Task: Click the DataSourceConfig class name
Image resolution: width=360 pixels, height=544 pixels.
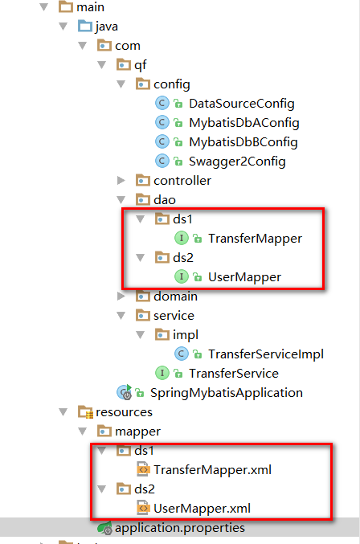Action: pos(241,104)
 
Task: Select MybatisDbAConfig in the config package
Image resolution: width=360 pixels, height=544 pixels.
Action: pos(243,123)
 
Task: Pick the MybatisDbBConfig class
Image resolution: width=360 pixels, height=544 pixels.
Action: pos(243,142)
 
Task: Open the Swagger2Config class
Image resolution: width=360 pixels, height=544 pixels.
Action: pos(237,162)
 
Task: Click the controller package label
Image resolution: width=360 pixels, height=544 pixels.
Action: pos(182,181)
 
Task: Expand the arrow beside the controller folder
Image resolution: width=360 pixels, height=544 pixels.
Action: pos(121,181)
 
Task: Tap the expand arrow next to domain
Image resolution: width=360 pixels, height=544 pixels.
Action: pos(121,296)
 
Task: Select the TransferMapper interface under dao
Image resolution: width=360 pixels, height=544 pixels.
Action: pos(255,239)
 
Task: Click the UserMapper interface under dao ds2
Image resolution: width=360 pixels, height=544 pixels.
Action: pos(244,277)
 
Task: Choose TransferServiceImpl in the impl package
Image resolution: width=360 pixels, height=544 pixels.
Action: pos(266,354)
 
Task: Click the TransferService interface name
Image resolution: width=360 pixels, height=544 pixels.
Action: pos(233,374)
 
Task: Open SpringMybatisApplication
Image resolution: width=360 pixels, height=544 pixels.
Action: pos(226,393)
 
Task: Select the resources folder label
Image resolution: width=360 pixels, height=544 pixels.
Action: pos(124,411)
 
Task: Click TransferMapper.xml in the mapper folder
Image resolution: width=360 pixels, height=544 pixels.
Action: pos(212,470)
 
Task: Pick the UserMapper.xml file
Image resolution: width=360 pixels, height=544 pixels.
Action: pos(202,509)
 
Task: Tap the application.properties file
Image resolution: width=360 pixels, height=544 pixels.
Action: pos(180,528)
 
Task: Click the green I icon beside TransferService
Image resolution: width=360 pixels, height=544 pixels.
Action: pos(162,373)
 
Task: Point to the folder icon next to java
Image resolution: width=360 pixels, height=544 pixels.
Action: pos(85,26)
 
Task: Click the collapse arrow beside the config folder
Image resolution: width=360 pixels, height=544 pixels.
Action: pos(121,84)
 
